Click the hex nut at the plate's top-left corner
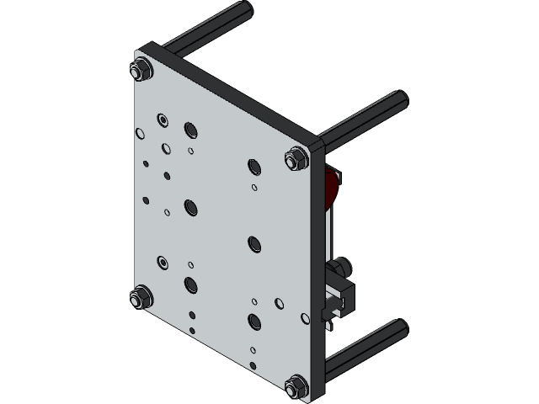(141, 70)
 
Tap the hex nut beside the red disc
(296, 158)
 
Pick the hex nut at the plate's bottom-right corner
(295, 386)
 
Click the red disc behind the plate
(333, 187)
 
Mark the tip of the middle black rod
(399, 99)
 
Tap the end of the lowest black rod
(399, 327)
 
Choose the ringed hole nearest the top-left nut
(161, 120)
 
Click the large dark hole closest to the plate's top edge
(190, 129)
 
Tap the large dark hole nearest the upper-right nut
(254, 165)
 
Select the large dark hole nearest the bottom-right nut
(254, 321)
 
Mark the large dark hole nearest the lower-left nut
(190, 284)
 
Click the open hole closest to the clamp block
(304, 318)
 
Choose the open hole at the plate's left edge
(140, 132)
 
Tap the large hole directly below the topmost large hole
(190, 206)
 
